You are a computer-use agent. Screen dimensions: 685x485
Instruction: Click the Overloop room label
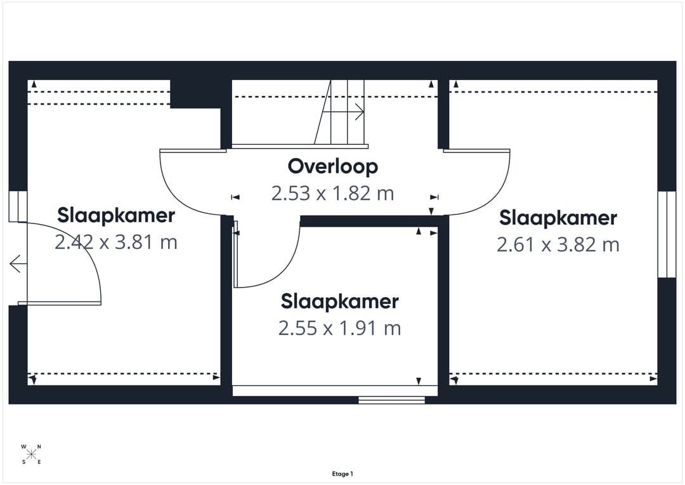tap(332, 166)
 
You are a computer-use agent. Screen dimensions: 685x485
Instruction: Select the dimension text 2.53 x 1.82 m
tap(332, 193)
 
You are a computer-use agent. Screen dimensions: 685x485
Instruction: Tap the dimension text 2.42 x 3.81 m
tap(116, 242)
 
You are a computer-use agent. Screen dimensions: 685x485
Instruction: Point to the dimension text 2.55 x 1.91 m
tap(339, 328)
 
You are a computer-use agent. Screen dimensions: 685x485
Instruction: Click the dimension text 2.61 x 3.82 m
tap(558, 244)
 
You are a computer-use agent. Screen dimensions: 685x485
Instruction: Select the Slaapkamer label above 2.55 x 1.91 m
tap(339, 302)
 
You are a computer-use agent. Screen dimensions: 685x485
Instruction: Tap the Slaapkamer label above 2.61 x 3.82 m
tap(558, 218)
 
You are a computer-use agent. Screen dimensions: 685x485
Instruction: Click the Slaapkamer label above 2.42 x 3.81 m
tap(116, 216)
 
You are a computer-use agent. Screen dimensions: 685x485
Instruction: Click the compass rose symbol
tap(31, 455)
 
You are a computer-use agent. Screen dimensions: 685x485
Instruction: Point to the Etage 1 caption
tap(342, 474)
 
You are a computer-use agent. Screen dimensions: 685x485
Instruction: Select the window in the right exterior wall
tap(667, 234)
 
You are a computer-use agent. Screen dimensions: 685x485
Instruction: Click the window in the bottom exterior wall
tap(391, 400)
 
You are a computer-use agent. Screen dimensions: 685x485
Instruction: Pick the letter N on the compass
tap(39, 446)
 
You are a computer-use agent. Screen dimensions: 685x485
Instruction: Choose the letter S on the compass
tap(23, 462)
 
